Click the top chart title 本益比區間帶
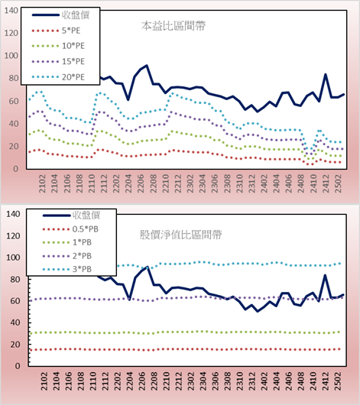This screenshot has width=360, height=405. pyautogui.click(x=174, y=26)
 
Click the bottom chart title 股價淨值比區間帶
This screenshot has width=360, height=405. pyautogui.click(x=180, y=235)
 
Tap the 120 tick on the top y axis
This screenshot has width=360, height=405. pyautogui.click(x=11, y=33)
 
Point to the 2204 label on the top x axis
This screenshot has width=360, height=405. pyautogui.click(x=128, y=183)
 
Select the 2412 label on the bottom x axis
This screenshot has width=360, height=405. pyautogui.click(x=326, y=381)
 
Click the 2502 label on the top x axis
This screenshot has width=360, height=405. pyautogui.click(x=338, y=183)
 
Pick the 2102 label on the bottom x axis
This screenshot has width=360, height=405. pyautogui.click(x=44, y=381)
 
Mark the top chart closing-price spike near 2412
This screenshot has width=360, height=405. pyautogui.click(x=326, y=74)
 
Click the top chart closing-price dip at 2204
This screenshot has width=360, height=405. pyautogui.click(x=128, y=99)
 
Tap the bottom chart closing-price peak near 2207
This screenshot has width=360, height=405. pyautogui.click(x=147, y=267)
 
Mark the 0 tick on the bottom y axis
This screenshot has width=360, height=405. pyautogui.click(x=18, y=366)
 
